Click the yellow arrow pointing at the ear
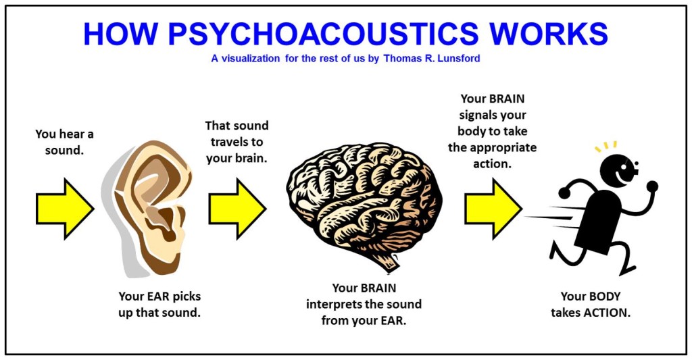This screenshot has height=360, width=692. point(64,209)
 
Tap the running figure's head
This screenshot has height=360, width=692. point(618,169)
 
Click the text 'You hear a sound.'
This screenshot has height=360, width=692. point(64,142)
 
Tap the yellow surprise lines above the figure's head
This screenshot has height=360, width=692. point(605,146)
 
